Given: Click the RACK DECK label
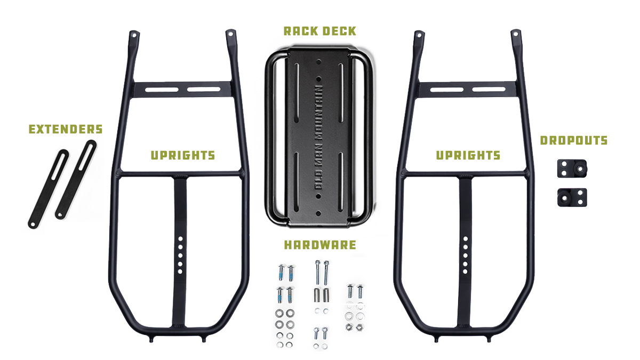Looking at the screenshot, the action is click(319, 31).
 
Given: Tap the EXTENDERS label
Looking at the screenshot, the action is click(66, 129).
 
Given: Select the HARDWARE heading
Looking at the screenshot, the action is click(320, 245).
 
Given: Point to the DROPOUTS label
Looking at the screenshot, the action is click(574, 140).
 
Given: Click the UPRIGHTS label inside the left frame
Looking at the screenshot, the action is click(183, 155).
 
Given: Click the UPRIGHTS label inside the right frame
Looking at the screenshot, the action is click(468, 155).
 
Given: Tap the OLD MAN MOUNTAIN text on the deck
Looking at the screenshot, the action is click(318, 138).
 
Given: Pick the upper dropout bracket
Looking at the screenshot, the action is click(572, 169).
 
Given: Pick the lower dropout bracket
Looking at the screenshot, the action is click(572, 197).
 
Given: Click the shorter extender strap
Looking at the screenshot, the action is click(49, 189).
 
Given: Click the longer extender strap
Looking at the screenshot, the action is click(76, 179).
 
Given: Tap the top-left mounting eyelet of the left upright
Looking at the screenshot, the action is click(133, 35).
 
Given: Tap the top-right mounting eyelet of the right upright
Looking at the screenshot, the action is click(515, 34).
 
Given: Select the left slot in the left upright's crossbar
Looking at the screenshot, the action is click(162, 90).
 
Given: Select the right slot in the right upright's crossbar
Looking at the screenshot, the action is click(489, 90).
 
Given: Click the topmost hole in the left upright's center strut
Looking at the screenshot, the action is click(180, 238).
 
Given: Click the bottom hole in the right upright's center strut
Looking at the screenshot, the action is click(465, 271).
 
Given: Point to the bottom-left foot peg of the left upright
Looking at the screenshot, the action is click(151, 340).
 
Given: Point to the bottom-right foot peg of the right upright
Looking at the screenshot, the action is click(489, 339).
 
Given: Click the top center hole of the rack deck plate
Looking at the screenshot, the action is click(319, 61).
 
